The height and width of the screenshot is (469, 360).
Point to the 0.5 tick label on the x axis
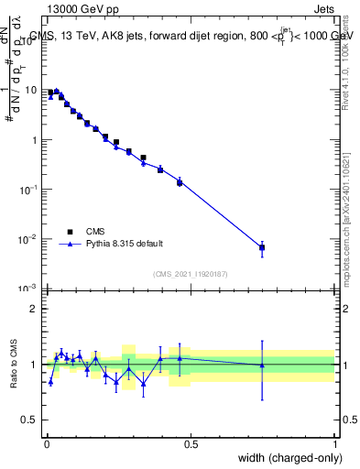(x=191, y=445)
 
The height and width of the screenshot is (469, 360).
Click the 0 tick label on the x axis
(x=46, y=445)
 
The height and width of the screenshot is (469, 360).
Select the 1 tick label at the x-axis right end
(x=335, y=445)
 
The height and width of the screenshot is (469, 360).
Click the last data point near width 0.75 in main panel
(x=262, y=247)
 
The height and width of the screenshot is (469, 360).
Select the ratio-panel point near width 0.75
(x=262, y=365)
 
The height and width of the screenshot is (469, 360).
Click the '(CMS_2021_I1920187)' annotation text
(x=191, y=274)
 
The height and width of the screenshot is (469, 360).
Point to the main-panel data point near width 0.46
(x=180, y=182)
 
